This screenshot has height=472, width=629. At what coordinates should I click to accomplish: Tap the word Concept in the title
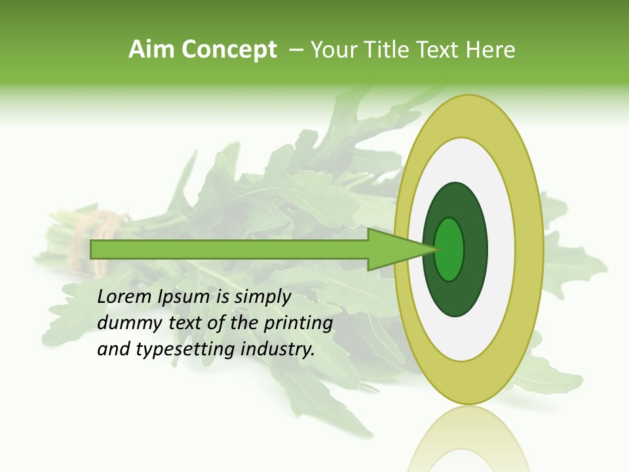point(228,50)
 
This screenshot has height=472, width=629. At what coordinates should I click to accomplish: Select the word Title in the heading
point(387,50)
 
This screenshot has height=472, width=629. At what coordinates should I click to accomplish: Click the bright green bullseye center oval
point(449,249)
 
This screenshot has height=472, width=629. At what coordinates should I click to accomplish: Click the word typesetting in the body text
point(185,349)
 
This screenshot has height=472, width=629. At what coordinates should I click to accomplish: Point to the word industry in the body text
point(278,349)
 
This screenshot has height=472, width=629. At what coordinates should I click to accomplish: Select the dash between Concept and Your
point(295,50)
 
